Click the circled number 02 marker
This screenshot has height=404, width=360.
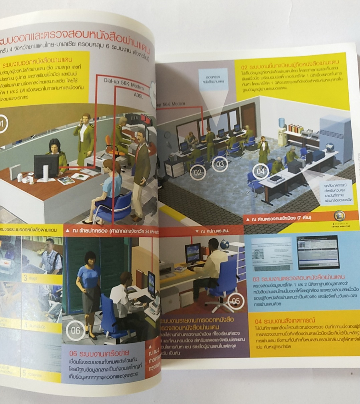point(198,173)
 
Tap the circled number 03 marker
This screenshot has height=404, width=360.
point(220,164)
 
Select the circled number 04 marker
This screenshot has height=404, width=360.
point(261,172)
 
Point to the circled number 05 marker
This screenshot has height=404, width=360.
point(236,301)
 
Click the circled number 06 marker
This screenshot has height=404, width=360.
point(75,331)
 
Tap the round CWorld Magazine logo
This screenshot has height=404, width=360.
point(340,216)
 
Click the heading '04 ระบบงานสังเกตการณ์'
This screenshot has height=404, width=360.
point(285,321)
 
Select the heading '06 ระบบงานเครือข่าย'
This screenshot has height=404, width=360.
point(99,353)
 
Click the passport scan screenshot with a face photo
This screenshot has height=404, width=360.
point(272,254)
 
